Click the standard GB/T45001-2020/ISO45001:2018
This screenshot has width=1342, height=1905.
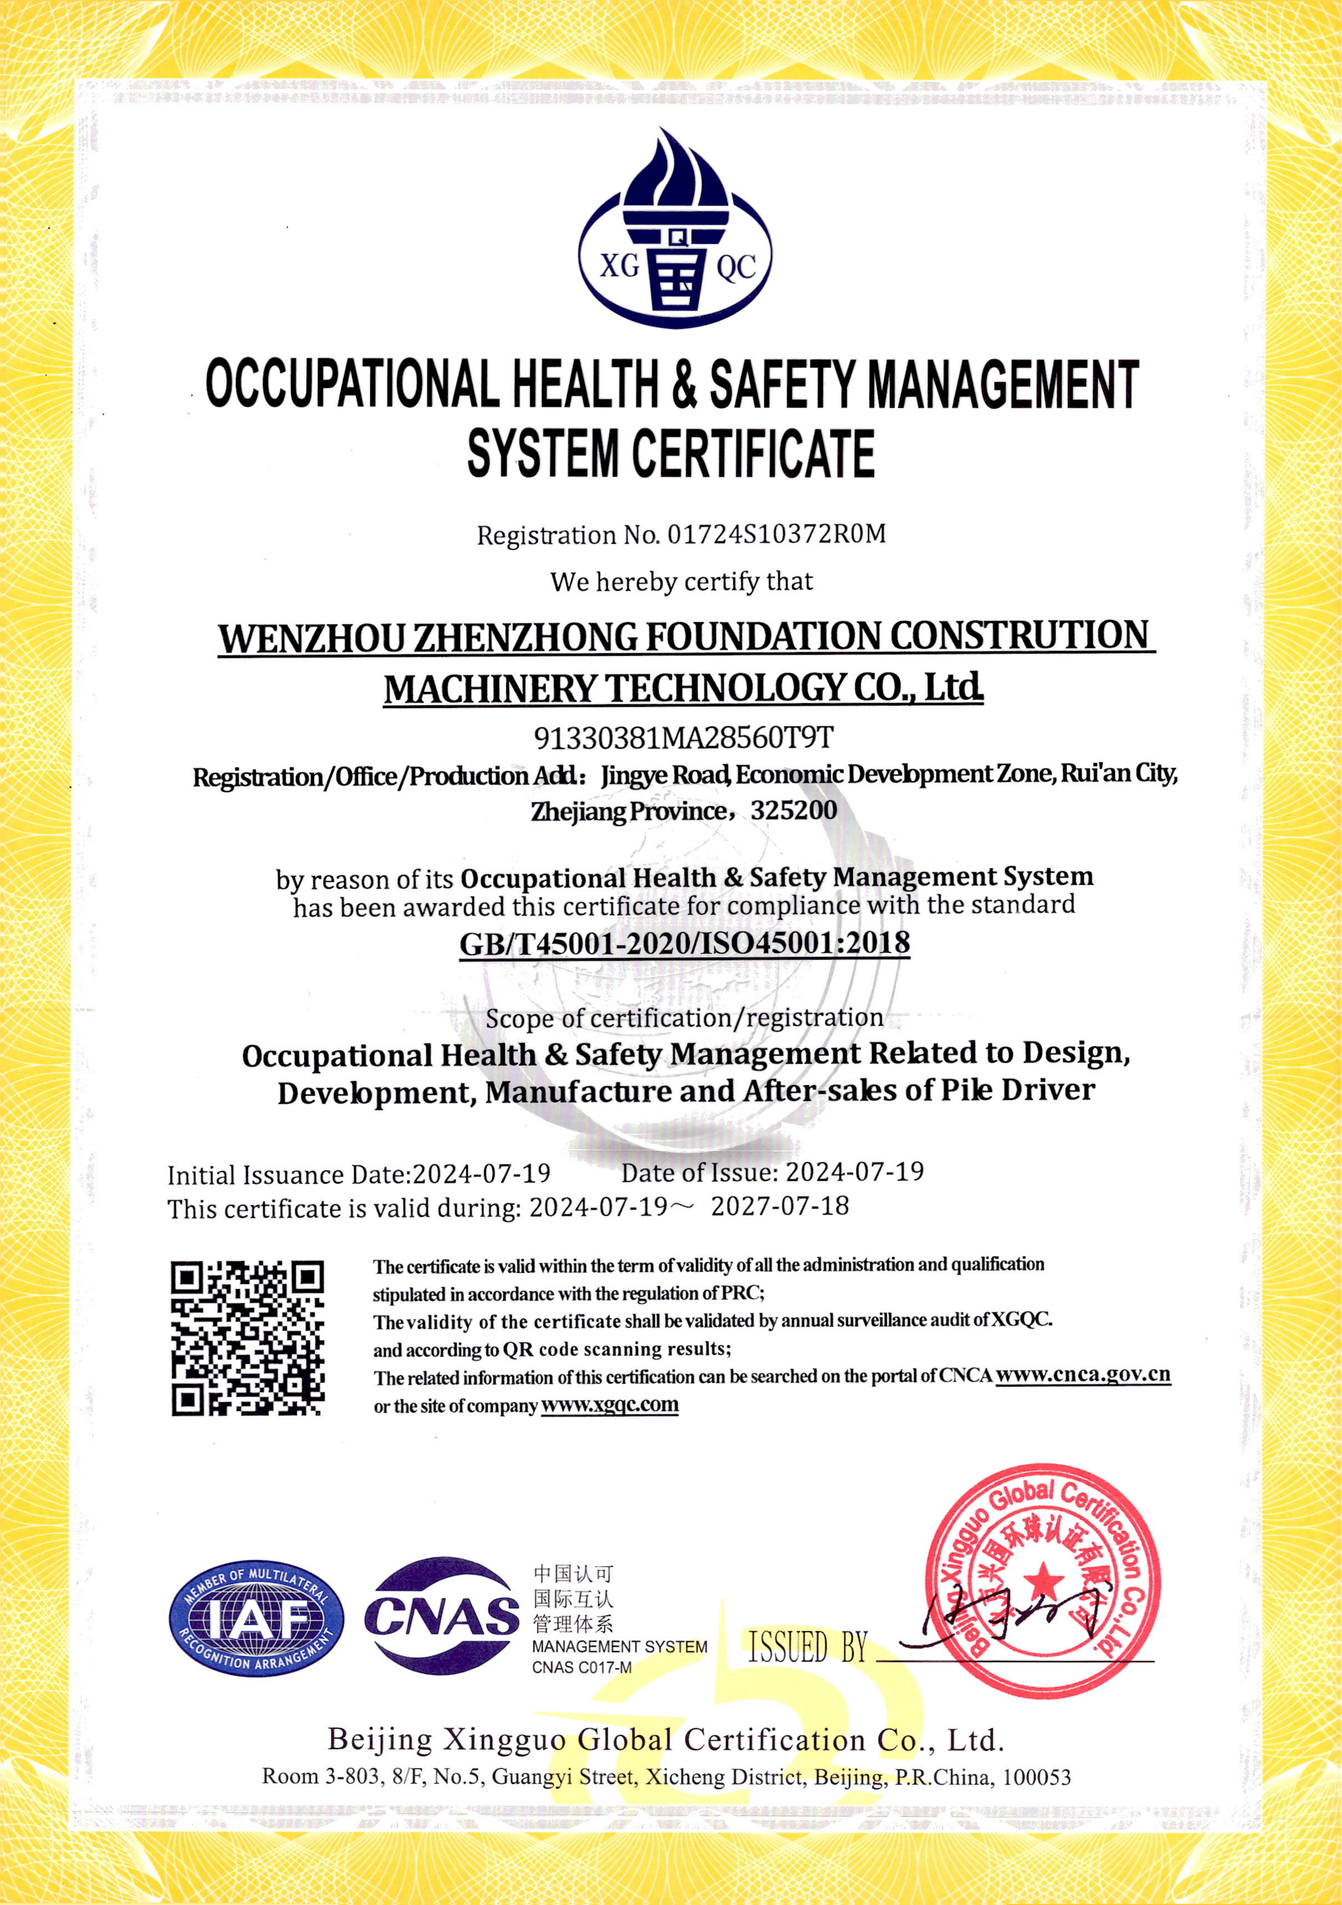click(685, 943)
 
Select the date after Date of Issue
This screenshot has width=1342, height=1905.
click(854, 1172)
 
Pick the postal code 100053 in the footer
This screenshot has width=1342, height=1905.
click(1037, 1776)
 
